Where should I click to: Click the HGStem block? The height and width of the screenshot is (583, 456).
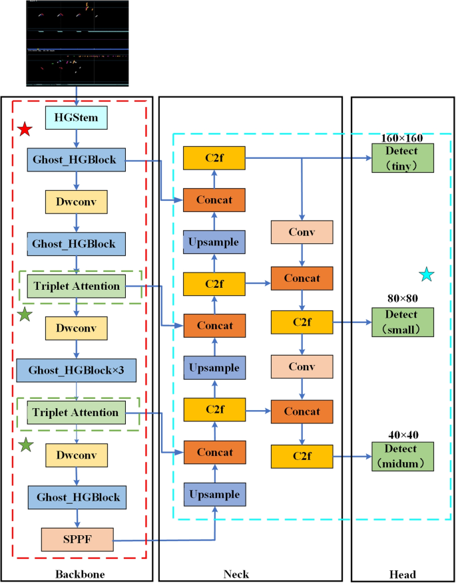[76, 119]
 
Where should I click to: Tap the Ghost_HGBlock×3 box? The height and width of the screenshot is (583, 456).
[76, 370]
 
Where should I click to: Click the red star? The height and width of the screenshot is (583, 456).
[25, 129]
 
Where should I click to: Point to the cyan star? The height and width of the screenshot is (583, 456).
[427, 274]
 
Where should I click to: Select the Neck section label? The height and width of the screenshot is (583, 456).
[250, 573]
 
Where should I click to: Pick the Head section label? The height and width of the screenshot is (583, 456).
[402, 573]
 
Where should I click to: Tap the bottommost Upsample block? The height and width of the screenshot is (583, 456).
[215, 495]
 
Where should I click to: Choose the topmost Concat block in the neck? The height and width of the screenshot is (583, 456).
[215, 199]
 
